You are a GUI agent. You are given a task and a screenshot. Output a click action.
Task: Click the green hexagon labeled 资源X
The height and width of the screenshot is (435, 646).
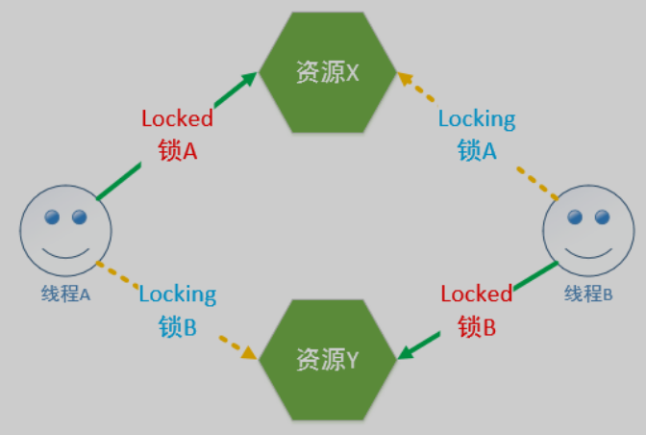pos(328,72)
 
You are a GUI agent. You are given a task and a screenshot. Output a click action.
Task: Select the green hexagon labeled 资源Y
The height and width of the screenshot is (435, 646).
pos(328,360)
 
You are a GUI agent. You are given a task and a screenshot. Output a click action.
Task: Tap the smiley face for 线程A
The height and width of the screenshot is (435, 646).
pos(65,231)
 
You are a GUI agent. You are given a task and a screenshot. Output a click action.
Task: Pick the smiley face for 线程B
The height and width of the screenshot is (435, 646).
pos(588,232)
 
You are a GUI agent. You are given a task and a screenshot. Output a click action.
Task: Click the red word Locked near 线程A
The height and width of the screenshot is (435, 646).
pos(177,119)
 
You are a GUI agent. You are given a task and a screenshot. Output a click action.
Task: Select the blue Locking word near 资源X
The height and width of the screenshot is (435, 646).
pos(477,119)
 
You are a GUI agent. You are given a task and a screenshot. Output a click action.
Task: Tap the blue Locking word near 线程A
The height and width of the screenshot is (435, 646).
pos(177,294)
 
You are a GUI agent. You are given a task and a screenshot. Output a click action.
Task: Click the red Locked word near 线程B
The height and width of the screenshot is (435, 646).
pos(477,294)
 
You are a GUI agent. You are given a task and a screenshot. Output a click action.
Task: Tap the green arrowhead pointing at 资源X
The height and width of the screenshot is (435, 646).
pos(251,77)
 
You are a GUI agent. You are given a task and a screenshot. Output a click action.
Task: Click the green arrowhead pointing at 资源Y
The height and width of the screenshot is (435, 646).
pos(405,352)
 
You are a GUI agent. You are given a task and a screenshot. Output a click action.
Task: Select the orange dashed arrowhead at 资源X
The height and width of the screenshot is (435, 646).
pos(405,76)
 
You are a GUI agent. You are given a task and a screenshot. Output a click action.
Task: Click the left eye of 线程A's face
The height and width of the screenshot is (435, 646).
pos(53,217)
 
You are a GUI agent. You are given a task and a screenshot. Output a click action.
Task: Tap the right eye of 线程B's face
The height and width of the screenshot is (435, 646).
pos(602,217)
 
